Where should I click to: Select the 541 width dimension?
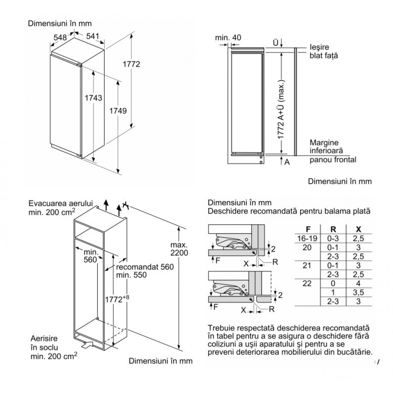coord(92,36)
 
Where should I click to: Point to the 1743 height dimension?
coord(94,98)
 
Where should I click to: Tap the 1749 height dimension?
coord(118,111)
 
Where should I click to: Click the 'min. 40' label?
coord(228,38)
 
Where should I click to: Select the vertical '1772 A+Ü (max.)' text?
coord(281,107)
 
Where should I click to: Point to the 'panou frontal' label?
coord(333,160)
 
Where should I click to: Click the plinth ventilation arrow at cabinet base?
coord(87,345)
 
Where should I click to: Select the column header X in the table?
coord(359,229)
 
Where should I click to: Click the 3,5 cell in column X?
coord(359,293)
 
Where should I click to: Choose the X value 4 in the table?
coord(359,284)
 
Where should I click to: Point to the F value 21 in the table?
coord(307,265)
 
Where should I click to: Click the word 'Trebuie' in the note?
coord(220,328)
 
